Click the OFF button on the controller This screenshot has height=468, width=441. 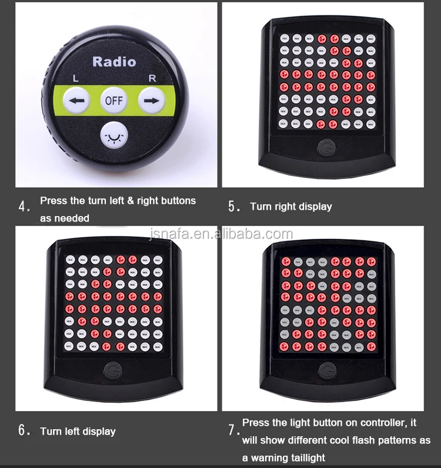click(113, 100)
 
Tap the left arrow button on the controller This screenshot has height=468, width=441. click(77, 100)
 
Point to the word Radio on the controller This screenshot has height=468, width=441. click(114, 62)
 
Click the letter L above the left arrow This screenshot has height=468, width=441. click(75, 78)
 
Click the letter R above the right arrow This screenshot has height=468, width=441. click(153, 78)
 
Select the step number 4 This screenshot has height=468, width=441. click(24, 207)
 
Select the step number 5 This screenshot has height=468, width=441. click(234, 207)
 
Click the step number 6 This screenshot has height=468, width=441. click(24, 430)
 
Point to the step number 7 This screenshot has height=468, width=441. click(233, 430)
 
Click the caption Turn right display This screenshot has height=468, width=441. click(290, 207)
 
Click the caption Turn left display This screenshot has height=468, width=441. click(78, 431)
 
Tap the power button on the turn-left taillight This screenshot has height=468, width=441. click(110, 369)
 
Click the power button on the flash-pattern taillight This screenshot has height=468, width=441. click(327, 370)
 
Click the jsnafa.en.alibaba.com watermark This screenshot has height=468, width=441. click(220, 235)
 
